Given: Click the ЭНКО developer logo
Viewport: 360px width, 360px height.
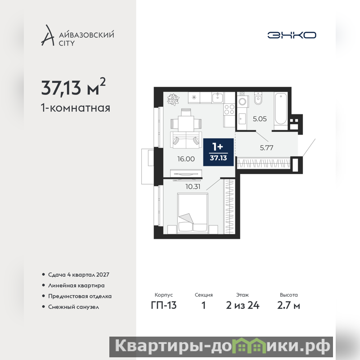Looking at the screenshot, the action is click(x=292, y=35).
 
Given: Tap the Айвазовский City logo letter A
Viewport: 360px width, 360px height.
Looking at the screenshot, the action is click(x=48, y=36).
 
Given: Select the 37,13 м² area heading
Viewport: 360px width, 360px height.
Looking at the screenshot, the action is click(x=73, y=87).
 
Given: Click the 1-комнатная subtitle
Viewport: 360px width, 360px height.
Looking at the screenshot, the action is click(x=76, y=108).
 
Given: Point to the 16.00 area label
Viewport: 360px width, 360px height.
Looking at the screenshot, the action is click(x=186, y=159).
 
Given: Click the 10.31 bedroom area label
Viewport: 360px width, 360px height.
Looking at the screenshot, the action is click(x=193, y=187).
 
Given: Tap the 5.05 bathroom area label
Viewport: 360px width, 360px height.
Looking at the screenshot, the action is click(x=260, y=119).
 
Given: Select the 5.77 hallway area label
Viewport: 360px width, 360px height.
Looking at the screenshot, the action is click(x=266, y=148).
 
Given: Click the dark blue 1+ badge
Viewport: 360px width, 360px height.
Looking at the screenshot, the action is click(x=218, y=152).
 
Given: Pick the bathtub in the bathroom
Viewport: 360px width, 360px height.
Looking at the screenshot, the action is click(x=280, y=108).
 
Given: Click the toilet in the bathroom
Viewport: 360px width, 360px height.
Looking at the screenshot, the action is click(x=258, y=98).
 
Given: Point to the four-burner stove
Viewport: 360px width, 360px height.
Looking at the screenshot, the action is click(x=229, y=109).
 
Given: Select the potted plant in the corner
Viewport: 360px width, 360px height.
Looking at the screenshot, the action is click(x=173, y=99).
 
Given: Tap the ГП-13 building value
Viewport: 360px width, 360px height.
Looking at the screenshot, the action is click(x=164, y=306).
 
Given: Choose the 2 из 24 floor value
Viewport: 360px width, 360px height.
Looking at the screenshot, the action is click(x=243, y=306).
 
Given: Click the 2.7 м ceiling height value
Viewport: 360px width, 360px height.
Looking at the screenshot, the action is click(x=288, y=306).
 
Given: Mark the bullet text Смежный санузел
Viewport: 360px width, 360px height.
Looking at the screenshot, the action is click(x=73, y=307).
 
